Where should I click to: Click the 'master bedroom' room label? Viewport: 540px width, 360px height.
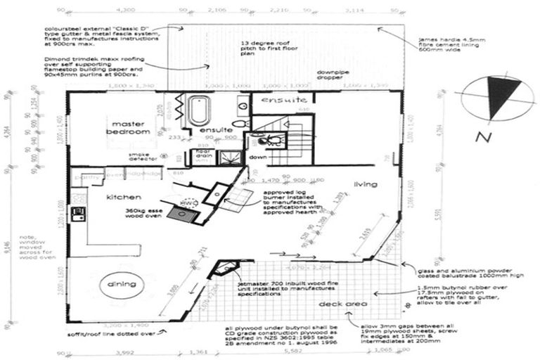(x=129, y=127)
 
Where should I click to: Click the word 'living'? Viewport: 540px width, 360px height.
(x=365, y=185)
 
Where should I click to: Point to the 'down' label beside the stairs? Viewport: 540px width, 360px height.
(x=257, y=157)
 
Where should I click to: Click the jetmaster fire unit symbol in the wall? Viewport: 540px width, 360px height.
(x=226, y=269)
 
